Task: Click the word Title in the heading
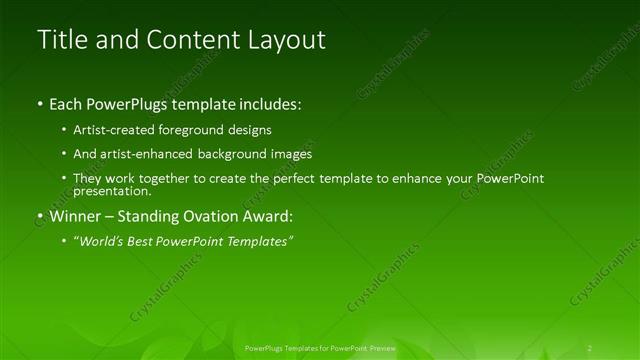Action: point(59,40)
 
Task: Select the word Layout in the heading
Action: point(289,40)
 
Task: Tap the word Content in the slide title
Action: point(189,40)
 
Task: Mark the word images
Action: point(291,155)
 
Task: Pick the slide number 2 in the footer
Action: point(590,347)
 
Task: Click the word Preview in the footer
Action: point(380,347)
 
